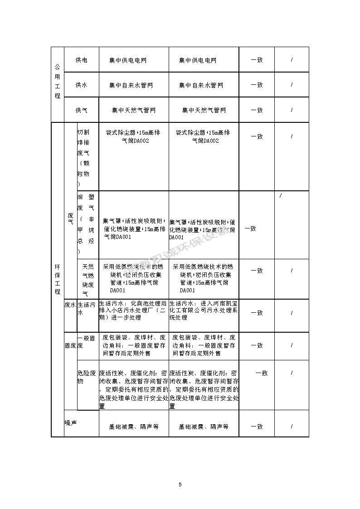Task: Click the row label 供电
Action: [x=82, y=60]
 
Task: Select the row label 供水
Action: [x=82, y=85]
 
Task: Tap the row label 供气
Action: [x=82, y=110]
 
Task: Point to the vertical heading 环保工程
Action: [x=57, y=278]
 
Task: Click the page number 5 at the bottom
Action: [x=180, y=485]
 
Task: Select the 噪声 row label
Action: [x=70, y=423]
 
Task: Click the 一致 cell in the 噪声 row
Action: [x=257, y=427]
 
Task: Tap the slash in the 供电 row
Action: [x=292, y=60]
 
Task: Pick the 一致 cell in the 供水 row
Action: [x=257, y=85]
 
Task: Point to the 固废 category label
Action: [x=70, y=345]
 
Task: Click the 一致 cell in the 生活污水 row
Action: [x=257, y=313]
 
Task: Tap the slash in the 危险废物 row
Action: [x=292, y=373]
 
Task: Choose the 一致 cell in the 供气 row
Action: [x=257, y=110]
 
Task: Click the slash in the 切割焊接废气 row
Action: [x=292, y=136]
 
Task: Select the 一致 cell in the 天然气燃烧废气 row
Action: [x=257, y=271]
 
